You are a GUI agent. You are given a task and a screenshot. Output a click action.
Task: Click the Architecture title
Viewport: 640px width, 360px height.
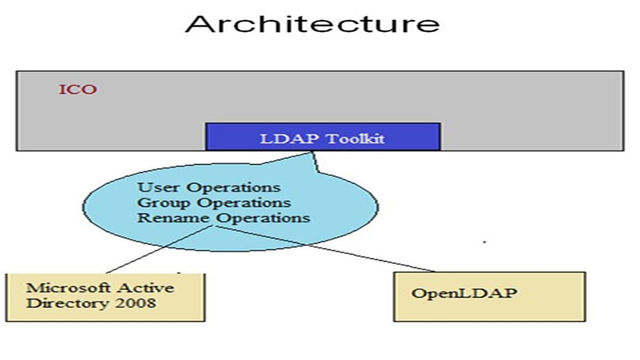pyautogui.click(x=312, y=25)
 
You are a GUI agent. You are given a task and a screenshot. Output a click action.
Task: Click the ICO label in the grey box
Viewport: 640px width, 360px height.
pyautogui.click(x=78, y=89)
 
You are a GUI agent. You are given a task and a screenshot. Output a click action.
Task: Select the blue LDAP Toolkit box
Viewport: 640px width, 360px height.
pyautogui.click(x=323, y=137)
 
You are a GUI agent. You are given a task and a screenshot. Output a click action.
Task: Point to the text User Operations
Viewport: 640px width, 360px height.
pyautogui.click(x=209, y=187)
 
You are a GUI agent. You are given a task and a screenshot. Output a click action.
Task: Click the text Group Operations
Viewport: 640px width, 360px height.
pyautogui.click(x=214, y=202)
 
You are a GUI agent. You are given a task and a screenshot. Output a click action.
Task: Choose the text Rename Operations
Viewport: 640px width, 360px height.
pyautogui.click(x=223, y=217)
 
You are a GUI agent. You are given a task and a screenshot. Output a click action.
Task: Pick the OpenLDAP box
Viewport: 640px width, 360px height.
pyautogui.click(x=489, y=295)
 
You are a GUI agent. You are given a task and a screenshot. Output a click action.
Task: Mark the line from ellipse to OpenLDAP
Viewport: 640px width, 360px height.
pyautogui.click(x=327, y=248)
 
